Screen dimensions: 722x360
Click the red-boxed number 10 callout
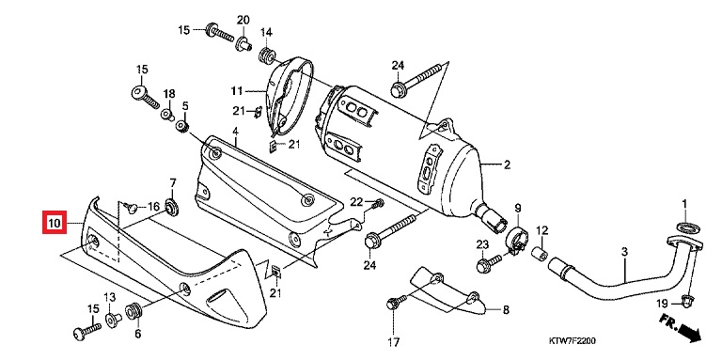point(55,223)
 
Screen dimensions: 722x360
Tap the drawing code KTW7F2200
point(572,341)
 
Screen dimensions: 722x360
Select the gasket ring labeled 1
point(685,227)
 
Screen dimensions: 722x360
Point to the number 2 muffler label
point(507,164)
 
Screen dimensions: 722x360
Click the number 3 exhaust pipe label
point(624,252)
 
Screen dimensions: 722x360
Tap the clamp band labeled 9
point(515,239)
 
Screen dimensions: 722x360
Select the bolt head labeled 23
point(483,266)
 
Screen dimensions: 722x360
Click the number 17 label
point(393,342)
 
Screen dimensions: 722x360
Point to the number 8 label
point(506,310)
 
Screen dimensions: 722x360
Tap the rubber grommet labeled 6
point(133,309)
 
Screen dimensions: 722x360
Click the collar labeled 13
point(113,320)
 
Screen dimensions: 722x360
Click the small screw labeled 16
point(132,209)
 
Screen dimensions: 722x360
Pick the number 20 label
point(243,21)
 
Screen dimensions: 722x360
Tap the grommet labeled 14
point(267,55)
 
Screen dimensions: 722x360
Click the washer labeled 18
point(166,114)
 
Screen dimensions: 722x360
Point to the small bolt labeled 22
point(379,202)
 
